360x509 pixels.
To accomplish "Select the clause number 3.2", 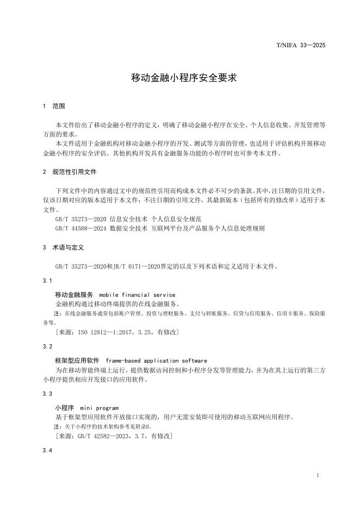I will point(47,346).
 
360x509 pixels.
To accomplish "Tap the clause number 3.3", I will point(47,393).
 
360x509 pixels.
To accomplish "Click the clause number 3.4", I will point(47,451).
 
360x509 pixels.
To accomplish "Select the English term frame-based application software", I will point(156,361).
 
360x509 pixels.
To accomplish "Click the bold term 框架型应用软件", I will point(77,361).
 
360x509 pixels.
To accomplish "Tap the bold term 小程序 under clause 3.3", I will point(64,407).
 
